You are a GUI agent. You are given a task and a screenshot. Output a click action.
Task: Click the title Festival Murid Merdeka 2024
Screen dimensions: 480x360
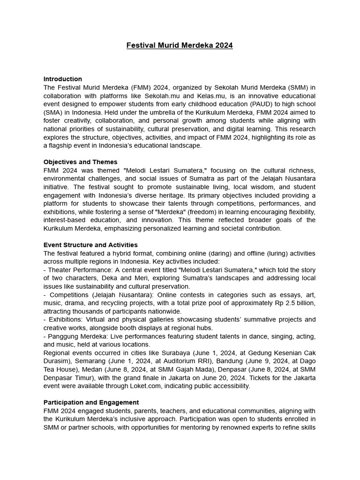(x=180, y=45)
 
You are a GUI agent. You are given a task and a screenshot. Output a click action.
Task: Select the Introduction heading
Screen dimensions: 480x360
(x=63, y=79)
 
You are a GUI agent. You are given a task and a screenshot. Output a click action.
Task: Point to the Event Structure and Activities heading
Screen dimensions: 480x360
(x=90, y=245)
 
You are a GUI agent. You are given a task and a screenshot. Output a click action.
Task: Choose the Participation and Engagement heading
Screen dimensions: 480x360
(x=91, y=402)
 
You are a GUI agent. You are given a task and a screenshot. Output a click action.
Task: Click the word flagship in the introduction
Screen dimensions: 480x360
(x=57, y=145)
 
